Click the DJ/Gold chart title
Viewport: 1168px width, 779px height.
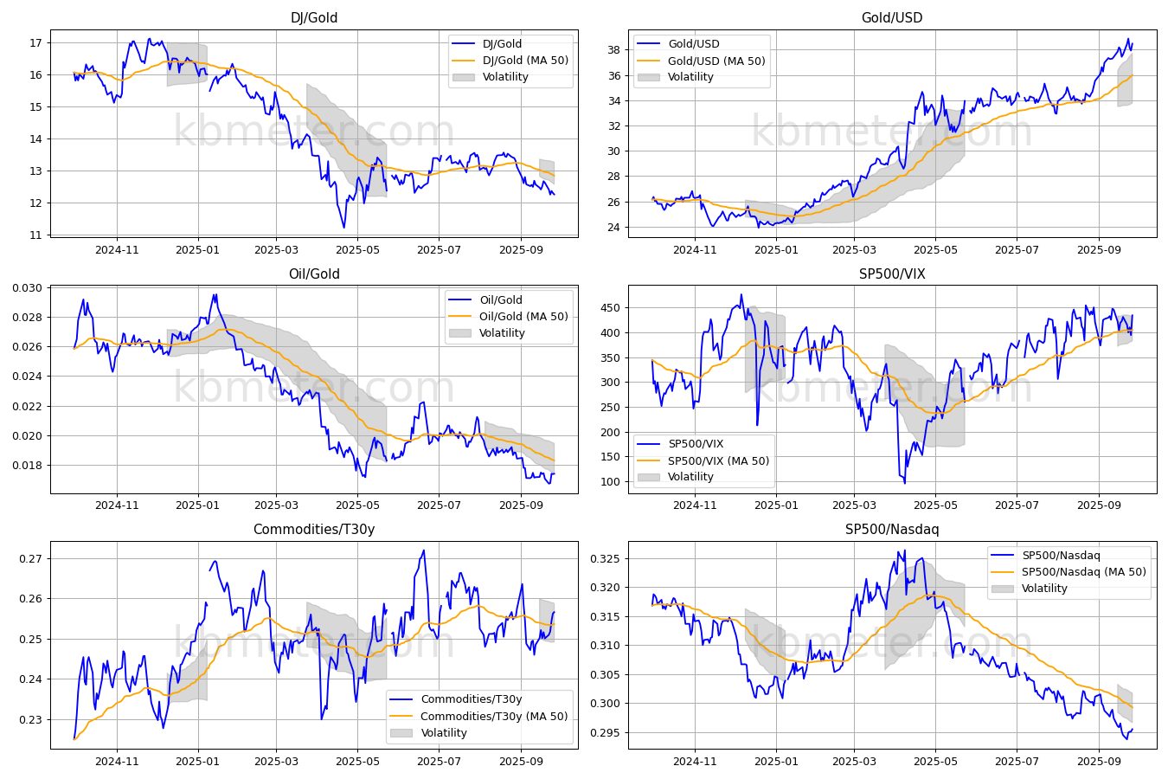tap(314, 17)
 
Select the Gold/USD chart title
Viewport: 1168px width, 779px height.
tap(892, 17)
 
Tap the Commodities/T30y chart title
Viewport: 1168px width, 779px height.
tap(314, 529)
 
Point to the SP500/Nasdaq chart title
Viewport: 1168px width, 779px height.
tap(892, 529)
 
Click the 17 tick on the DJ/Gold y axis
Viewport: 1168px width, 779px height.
tap(35, 42)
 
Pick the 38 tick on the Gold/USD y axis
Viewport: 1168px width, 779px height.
tap(613, 50)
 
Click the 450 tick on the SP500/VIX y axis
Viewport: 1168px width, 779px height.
tap(610, 308)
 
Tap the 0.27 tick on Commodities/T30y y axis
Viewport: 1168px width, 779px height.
tap(30, 559)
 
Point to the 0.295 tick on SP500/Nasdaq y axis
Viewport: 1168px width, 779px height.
tap(605, 733)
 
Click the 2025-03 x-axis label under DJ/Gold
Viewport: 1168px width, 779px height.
tap(276, 250)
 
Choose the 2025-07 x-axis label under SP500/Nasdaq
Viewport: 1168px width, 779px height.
tap(1017, 762)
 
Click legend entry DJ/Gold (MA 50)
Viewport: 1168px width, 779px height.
tap(526, 60)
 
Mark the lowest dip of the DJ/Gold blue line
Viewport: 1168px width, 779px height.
tap(343, 228)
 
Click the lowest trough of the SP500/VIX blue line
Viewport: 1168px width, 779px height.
tap(905, 483)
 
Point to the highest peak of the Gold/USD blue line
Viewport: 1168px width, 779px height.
tap(1128, 39)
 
